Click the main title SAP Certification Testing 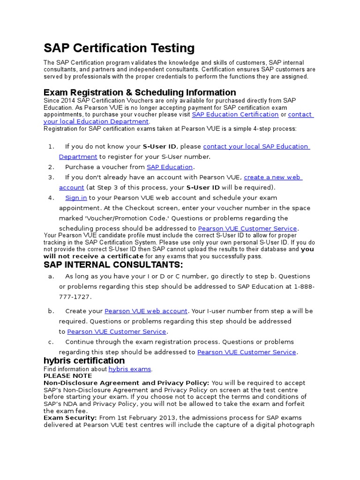(x=119, y=48)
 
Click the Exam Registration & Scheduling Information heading (x=140, y=92)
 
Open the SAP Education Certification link (x=235, y=114)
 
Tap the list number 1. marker (x=52, y=147)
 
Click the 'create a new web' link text (x=273, y=177)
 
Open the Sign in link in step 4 (x=76, y=198)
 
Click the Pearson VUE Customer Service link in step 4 (x=247, y=229)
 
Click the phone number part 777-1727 (x=75, y=297)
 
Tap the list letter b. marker (x=51, y=311)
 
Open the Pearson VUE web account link (x=146, y=311)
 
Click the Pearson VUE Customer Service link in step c (x=247, y=352)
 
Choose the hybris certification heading (x=84, y=361)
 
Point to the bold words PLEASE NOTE (x=67, y=376)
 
